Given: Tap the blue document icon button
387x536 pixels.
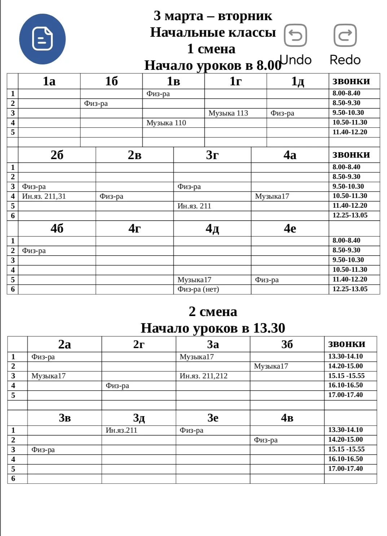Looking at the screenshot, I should (x=42, y=39).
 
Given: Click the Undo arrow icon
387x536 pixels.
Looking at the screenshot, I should (x=295, y=35).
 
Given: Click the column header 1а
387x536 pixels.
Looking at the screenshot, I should (x=49, y=81).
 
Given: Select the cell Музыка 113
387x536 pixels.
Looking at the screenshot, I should (x=228, y=113).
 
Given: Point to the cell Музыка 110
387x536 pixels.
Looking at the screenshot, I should (x=166, y=123).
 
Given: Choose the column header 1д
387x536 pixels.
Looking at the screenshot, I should (x=298, y=81).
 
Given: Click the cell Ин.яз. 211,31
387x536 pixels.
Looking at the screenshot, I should (x=44, y=196).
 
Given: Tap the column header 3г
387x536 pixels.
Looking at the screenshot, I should (x=212, y=155).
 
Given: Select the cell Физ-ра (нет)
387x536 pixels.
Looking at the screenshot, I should (x=198, y=289).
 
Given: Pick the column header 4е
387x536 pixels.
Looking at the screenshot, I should (x=290, y=228).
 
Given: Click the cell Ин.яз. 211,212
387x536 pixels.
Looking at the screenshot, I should (x=203, y=376).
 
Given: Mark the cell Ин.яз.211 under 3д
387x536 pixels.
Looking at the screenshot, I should (x=121, y=430).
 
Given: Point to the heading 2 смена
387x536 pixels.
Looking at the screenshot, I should (x=213, y=311).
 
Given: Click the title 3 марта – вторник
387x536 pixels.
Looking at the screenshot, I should (x=213, y=15).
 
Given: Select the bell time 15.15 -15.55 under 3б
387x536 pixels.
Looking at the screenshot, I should (x=346, y=376).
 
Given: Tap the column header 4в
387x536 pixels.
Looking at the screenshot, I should (x=287, y=418).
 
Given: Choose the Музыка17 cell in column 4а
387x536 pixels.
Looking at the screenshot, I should (x=272, y=196).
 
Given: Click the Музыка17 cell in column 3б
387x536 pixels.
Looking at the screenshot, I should (x=271, y=366).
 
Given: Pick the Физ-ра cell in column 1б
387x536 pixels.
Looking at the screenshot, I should (x=96, y=103).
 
